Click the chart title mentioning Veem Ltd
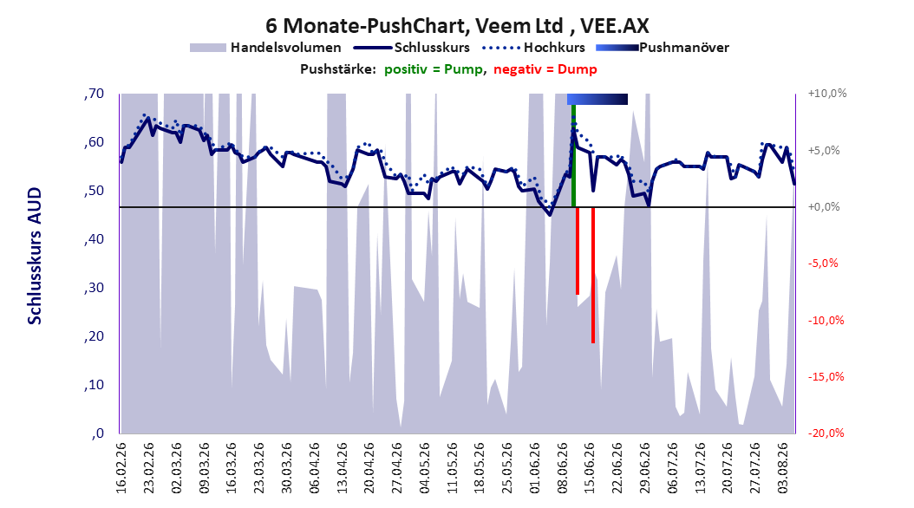pos(457,26)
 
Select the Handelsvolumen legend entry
pos(266,48)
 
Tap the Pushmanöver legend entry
pos(663,48)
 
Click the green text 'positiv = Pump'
pos(434,69)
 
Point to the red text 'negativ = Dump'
pos(545,69)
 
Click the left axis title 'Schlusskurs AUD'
pos(35,257)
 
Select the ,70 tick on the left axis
pos(94,94)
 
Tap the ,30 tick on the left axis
pos(94,288)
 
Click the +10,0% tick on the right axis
pos(827,94)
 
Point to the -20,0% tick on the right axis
pos(826,433)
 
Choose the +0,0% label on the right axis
pos(824,207)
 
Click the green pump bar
pos(573,155)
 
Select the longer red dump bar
pos(593,275)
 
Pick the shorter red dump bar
pos(578,251)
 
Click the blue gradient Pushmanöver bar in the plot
pos(597,99)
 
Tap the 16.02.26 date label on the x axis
pos(121,468)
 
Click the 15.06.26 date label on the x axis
pos(590,468)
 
